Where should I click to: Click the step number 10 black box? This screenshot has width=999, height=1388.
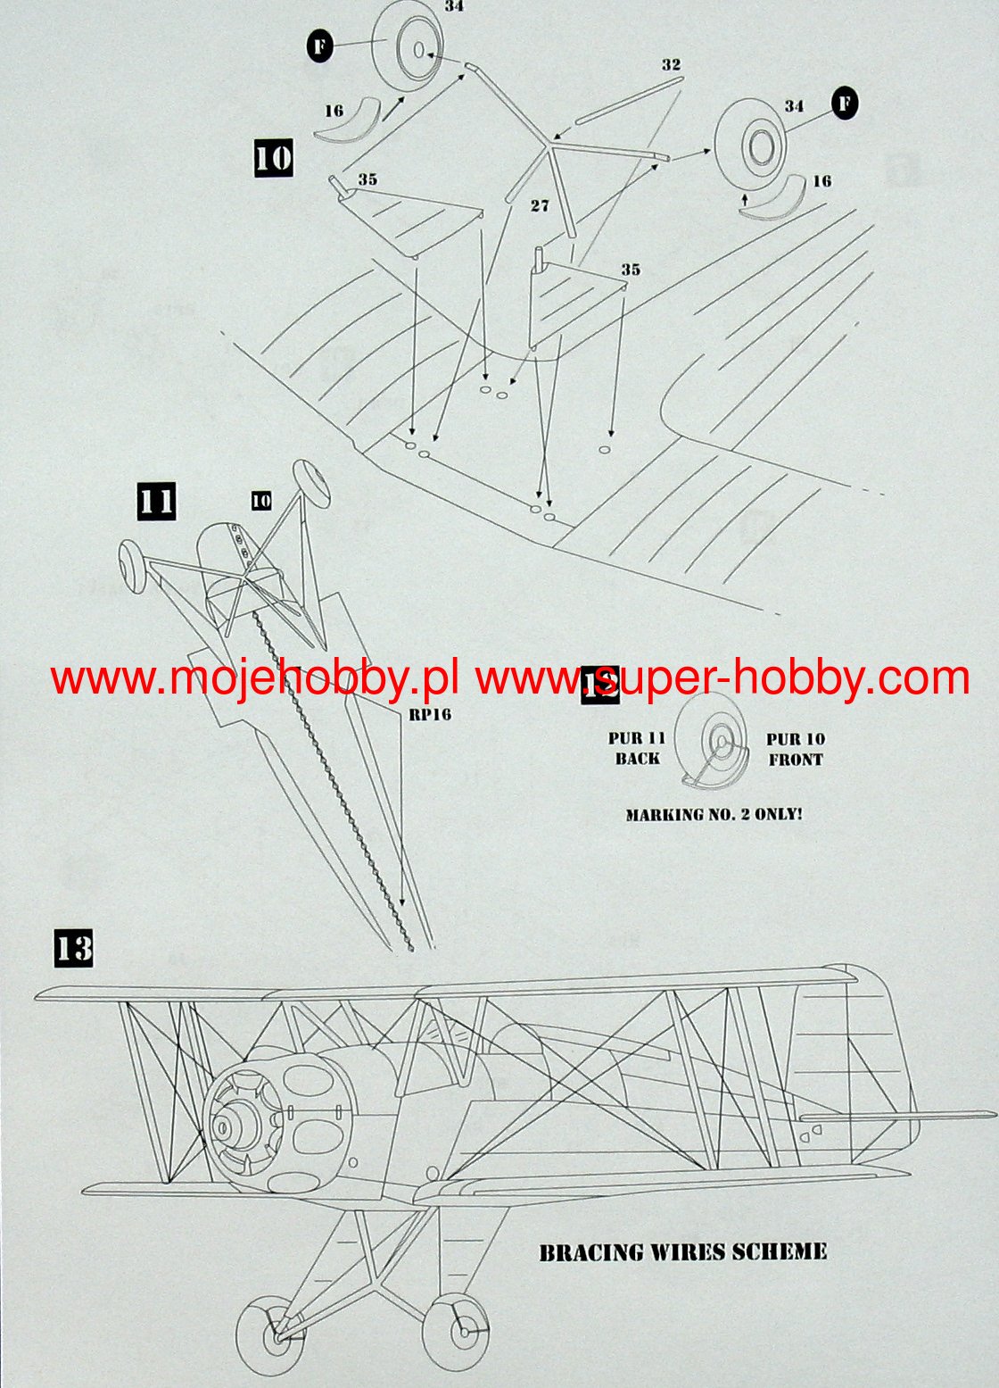tap(273, 158)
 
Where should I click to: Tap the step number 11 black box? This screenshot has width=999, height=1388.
tap(156, 501)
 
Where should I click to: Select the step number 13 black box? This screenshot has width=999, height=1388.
tap(73, 947)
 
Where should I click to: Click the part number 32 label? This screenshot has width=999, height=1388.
tap(671, 65)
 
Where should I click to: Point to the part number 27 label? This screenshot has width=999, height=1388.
tap(540, 206)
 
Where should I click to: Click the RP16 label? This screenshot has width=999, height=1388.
tap(430, 714)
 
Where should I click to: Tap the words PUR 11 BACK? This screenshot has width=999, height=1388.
tap(637, 748)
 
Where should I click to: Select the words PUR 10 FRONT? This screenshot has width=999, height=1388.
tap(796, 749)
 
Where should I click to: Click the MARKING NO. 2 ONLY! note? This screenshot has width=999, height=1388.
tap(714, 814)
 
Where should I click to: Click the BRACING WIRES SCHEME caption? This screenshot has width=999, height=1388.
tap(682, 1251)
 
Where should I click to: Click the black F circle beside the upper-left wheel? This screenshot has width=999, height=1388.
tap(320, 46)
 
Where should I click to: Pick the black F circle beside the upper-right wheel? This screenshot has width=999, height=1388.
tap(843, 104)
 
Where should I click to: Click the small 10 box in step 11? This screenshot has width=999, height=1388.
tap(261, 501)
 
